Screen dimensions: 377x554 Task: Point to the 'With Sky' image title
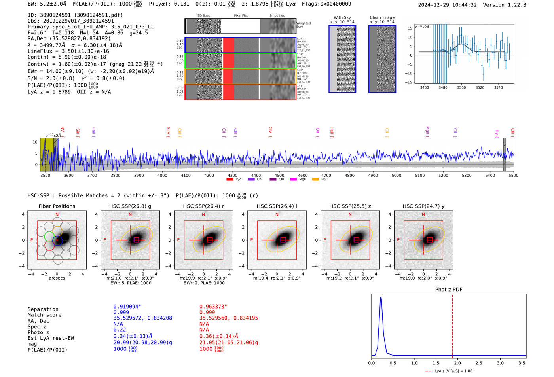coord(342,17)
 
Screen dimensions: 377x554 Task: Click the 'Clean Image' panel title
coord(382,17)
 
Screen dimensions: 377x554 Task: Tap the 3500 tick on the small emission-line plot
coord(461,87)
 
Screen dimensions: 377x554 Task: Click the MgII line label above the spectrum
coord(427,131)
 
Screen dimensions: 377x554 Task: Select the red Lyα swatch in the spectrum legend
coord(230,179)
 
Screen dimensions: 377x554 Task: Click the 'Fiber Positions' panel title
coord(57,206)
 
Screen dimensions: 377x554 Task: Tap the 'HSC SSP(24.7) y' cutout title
coord(423,206)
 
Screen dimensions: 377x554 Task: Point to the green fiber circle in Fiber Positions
coord(49,237)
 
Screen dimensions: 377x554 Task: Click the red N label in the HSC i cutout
coord(277,214)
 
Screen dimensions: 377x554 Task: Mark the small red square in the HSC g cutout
coord(137,240)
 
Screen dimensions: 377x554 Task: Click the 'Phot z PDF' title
coord(449,290)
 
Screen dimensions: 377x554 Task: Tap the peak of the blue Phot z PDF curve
coord(381,297)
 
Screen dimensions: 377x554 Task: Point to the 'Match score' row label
coord(44,315)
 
